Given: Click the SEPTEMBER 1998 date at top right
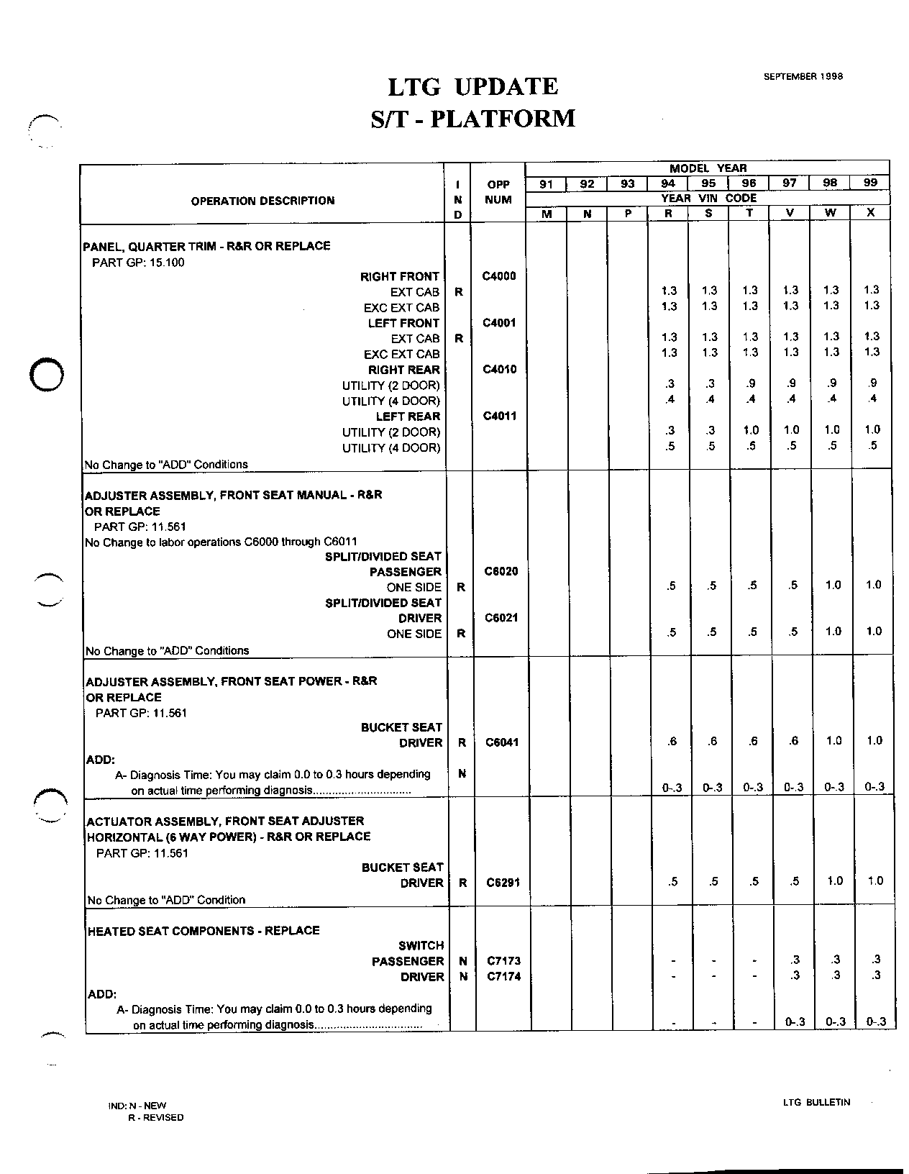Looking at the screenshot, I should [803, 76].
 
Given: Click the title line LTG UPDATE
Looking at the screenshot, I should [473, 87].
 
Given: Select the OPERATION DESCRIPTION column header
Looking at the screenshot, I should [262, 201].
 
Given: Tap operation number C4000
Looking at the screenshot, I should [499, 276].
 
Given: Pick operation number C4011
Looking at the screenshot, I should [499, 417].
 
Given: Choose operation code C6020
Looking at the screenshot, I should [502, 572].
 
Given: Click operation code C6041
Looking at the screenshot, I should [503, 742].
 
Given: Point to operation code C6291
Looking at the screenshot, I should [503, 883].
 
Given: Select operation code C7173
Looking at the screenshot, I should [503, 961].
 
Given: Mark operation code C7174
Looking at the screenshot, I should [503, 977].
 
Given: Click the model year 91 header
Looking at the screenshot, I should [547, 184].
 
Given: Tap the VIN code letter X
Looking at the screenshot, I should [871, 214].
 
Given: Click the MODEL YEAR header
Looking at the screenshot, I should [708, 168].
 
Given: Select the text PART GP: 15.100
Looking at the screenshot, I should [138, 263].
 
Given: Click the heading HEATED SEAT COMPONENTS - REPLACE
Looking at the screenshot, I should [204, 931].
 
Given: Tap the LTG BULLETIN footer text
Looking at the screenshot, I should [817, 1102].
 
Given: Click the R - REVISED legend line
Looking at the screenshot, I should [155, 1118].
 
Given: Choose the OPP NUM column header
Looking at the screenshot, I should [498, 192].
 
